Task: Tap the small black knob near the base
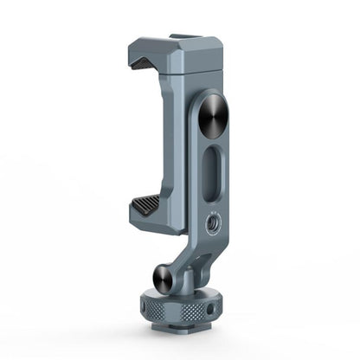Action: point(165,278)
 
